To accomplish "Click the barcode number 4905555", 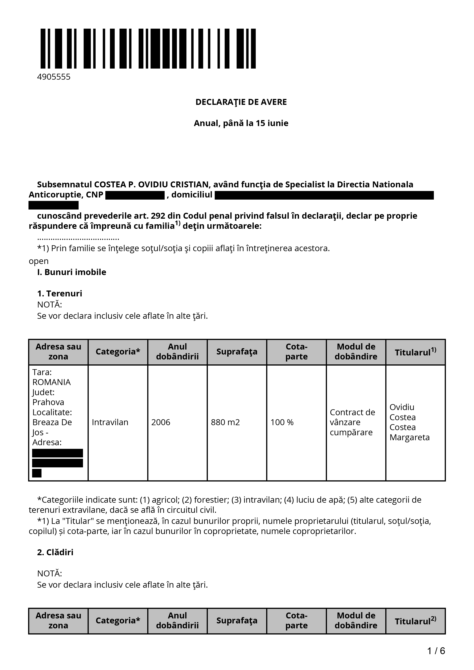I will click(54, 77).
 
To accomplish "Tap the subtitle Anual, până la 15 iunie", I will click(241, 123).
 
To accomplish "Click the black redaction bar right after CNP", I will click(135, 195).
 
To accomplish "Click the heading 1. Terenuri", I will click(60, 293).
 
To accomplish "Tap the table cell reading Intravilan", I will click(110, 422).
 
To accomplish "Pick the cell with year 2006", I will click(161, 422).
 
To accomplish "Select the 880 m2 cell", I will click(225, 422).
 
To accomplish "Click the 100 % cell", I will click(282, 422).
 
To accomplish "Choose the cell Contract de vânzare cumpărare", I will click(352, 422).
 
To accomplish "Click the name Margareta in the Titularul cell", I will click(409, 437).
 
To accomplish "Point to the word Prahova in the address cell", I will click(48, 402).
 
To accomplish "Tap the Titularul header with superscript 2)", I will click(415, 621).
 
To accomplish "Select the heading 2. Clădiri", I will click(55, 552).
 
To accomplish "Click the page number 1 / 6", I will click(436, 651).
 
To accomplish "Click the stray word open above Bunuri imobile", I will click(39, 261).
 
